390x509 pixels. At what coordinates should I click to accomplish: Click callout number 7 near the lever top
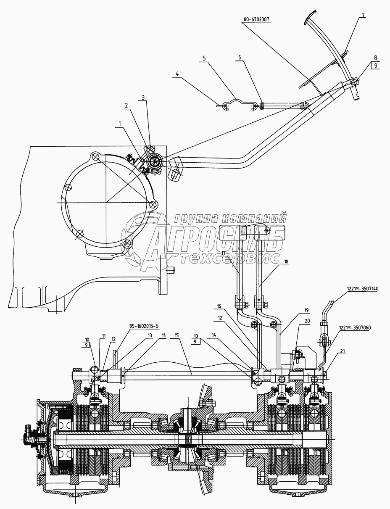(363, 15)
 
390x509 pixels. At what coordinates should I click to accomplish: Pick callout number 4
(177, 74)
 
